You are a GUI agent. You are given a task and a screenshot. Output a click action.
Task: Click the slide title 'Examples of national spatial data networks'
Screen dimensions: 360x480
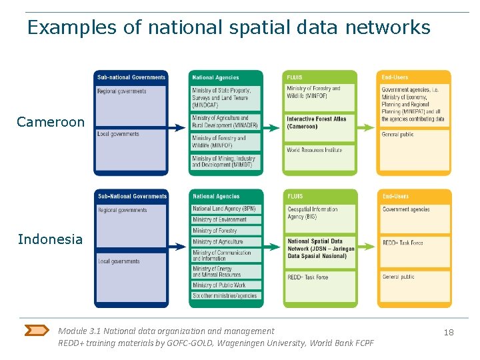[229, 27]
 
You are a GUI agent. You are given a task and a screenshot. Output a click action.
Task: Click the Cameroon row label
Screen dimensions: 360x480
[51, 122]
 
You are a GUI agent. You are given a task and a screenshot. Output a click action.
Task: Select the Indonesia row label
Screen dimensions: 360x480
[51, 239]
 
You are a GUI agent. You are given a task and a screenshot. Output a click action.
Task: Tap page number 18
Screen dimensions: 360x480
[449, 332]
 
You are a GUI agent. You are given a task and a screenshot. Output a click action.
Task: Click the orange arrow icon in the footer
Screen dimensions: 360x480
[36, 330]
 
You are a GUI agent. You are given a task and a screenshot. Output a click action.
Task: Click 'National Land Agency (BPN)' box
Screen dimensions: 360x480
[225, 209]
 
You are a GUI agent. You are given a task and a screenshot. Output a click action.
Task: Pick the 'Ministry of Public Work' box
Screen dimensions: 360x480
[225, 285]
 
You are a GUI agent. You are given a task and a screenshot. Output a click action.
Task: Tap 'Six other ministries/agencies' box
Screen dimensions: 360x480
[225, 296]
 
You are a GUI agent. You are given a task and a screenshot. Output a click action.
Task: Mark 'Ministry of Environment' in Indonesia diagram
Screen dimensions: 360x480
[225, 219]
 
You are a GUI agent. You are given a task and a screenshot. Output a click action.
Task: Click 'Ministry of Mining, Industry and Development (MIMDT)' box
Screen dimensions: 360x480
[225, 161]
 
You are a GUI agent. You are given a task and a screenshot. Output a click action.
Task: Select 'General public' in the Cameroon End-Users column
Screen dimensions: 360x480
[414, 135]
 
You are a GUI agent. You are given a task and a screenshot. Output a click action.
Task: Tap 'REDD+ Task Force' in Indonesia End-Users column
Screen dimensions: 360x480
[414, 243]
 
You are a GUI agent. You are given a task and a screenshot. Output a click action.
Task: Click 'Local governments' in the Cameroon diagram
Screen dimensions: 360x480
[131, 134]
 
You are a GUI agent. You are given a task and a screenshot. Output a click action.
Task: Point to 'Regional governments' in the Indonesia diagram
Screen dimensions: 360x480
[131, 211]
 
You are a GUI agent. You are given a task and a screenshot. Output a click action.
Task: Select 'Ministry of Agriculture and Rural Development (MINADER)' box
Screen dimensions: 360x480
[225, 122]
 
